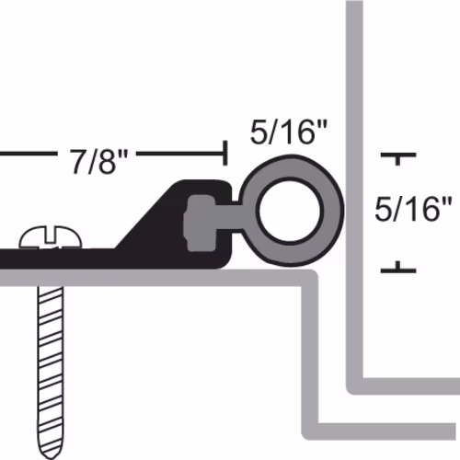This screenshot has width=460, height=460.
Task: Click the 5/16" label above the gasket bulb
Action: point(289,132)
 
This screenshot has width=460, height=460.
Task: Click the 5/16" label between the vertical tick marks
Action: point(413,210)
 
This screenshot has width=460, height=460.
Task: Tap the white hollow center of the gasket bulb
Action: point(290,211)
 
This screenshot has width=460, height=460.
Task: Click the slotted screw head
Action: point(51,237)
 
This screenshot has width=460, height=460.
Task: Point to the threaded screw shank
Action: point(51,368)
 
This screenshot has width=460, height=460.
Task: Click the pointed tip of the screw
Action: point(51,457)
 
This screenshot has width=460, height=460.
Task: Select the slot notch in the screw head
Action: point(51,234)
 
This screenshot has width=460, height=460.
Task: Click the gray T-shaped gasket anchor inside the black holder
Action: point(201,224)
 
